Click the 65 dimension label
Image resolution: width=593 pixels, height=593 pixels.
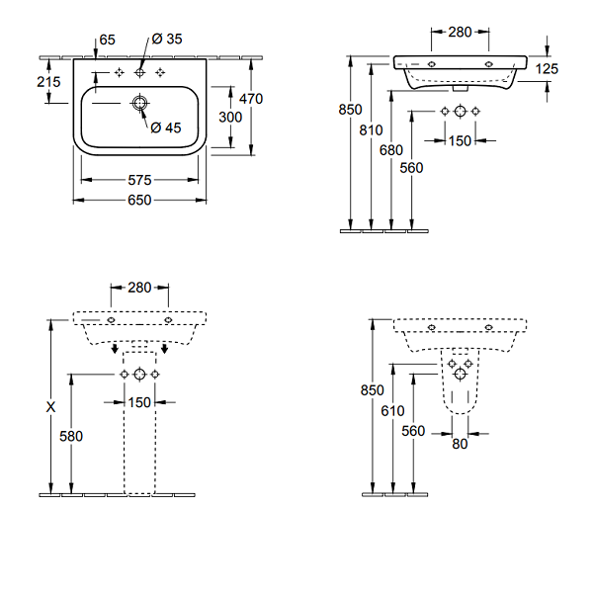coord(108,40)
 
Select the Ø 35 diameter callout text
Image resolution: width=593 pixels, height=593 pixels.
coord(166,40)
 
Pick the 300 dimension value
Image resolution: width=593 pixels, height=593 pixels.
coord(230,116)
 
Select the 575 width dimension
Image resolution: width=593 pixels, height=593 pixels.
coord(139,181)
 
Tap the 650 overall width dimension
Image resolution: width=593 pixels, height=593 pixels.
coord(139,200)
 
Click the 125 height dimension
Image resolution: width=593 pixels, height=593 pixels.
coord(547,68)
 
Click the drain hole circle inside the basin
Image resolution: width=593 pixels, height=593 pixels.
coord(139,102)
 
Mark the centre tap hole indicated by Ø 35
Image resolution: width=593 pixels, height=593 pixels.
coord(139,72)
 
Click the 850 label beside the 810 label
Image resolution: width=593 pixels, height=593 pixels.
coord(350,111)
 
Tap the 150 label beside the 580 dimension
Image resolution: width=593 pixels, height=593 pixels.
coord(139,401)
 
